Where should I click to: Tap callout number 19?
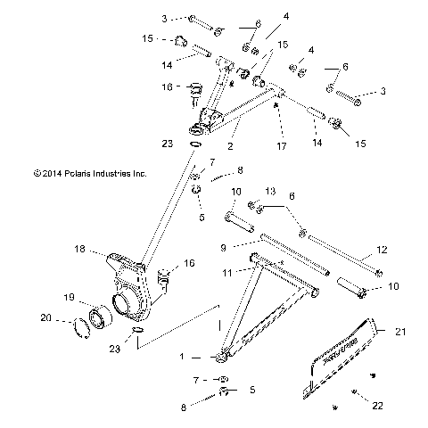point(69,297)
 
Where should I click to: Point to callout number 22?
point(377,405)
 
